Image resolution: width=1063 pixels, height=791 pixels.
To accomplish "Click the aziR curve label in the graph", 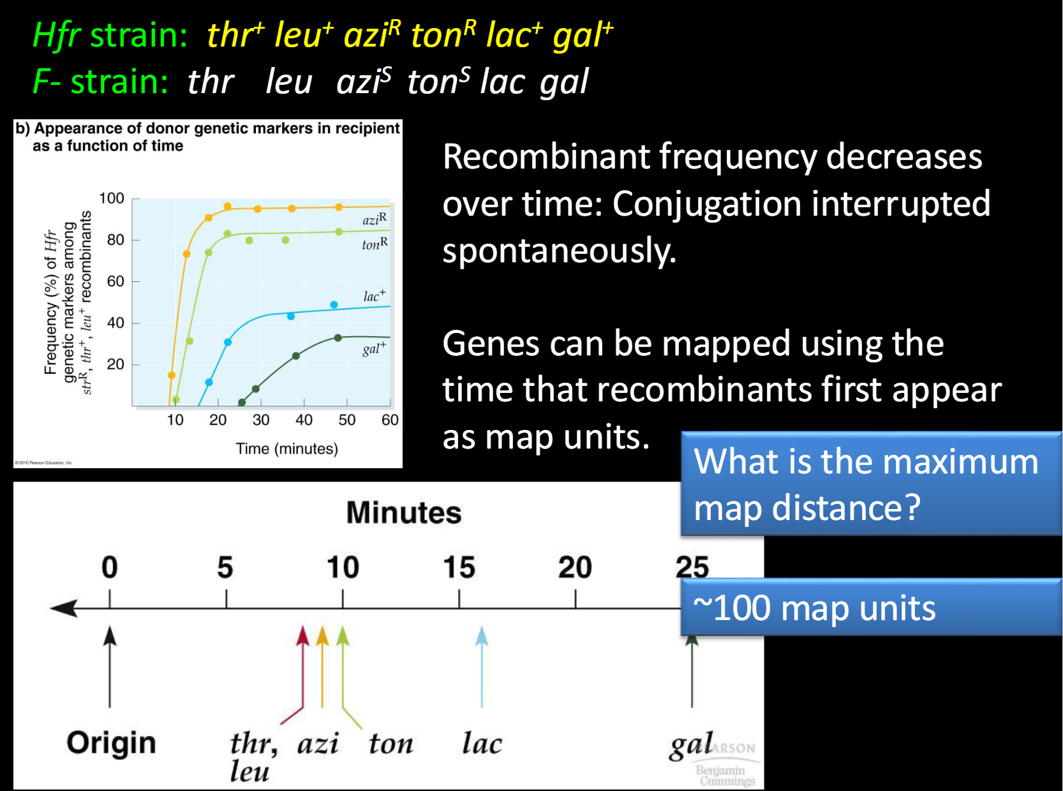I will pyautogui.click(x=375, y=219).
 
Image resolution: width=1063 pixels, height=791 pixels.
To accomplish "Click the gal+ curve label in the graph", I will pyautogui.click(x=374, y=348).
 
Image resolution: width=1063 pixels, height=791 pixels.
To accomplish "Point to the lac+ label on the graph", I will pyautogui.click(x=375, y=295).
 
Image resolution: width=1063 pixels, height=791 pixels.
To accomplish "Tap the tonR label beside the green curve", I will pyautogui.click(x=375, y=244).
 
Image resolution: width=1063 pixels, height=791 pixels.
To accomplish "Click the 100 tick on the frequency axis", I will pyautogui.click(x=112, y=198).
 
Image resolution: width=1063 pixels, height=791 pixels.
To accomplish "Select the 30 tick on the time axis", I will pyautogui.click(x=261, y=420).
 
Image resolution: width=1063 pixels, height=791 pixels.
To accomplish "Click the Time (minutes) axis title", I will pyautogui.click(x=286, y=448).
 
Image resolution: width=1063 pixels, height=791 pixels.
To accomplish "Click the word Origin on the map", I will pyautogui.click(x=111, y=743).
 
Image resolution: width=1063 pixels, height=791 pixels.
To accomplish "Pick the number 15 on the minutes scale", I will pyautogui.click(x=459, y=567).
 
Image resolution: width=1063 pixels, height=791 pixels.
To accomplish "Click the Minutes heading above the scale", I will pyautogui.click(x=403, y=513).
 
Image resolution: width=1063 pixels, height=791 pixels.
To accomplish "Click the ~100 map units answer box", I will pyautogui.click(x=871, y=607).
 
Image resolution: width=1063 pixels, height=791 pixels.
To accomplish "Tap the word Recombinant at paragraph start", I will pyautogui.click(x=546, y=156).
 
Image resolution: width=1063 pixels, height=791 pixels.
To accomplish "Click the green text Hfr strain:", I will pyautogui.click(x=110, y=35).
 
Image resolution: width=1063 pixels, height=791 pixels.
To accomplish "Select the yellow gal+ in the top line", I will pyautogui.click(x=583, y=34).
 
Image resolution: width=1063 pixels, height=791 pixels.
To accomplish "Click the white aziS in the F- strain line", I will pyautogui.click(x=364, y=82).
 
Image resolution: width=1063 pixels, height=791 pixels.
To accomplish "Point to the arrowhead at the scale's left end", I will pyautogui.click(x=64, y=608).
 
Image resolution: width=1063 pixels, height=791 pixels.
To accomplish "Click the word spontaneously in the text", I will pyautogui.click(x=559, y=251).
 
